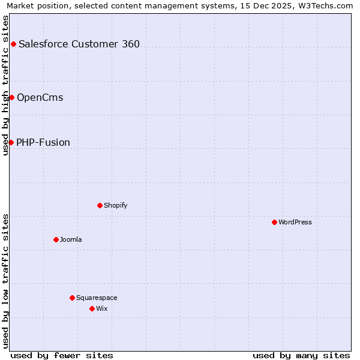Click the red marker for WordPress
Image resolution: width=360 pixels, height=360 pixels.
click(274, 222)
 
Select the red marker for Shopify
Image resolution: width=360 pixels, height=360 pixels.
click(100, 205)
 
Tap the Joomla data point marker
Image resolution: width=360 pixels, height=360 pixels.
click(56, 239)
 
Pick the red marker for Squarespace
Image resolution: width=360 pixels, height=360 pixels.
click(72, 298)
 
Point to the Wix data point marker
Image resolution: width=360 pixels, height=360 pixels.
click(92, 308)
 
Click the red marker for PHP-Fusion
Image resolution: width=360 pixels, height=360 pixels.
click(11, 142)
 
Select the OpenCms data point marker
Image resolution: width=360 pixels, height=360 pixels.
click(11, 97)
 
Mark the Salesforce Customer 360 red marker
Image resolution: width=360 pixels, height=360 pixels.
click(13, 44)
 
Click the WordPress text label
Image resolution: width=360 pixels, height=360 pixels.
click(295, 222)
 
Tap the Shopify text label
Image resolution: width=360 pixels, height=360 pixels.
click(116, 205)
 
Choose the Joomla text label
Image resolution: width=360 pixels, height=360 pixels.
click(71, 239)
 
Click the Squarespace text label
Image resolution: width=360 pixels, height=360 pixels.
click(97, 298)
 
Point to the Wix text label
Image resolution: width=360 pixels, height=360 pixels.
click(102, 308)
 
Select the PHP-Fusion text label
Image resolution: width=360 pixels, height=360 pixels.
click(43, 142)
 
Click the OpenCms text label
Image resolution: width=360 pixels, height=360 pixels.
click(40, 97)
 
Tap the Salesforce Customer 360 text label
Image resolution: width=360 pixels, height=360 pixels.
click(79, 44)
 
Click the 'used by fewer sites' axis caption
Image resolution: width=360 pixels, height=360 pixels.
click(62, 355)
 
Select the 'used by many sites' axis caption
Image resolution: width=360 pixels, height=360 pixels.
click(301, 355)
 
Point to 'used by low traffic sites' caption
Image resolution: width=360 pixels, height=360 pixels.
click(6, 281)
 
